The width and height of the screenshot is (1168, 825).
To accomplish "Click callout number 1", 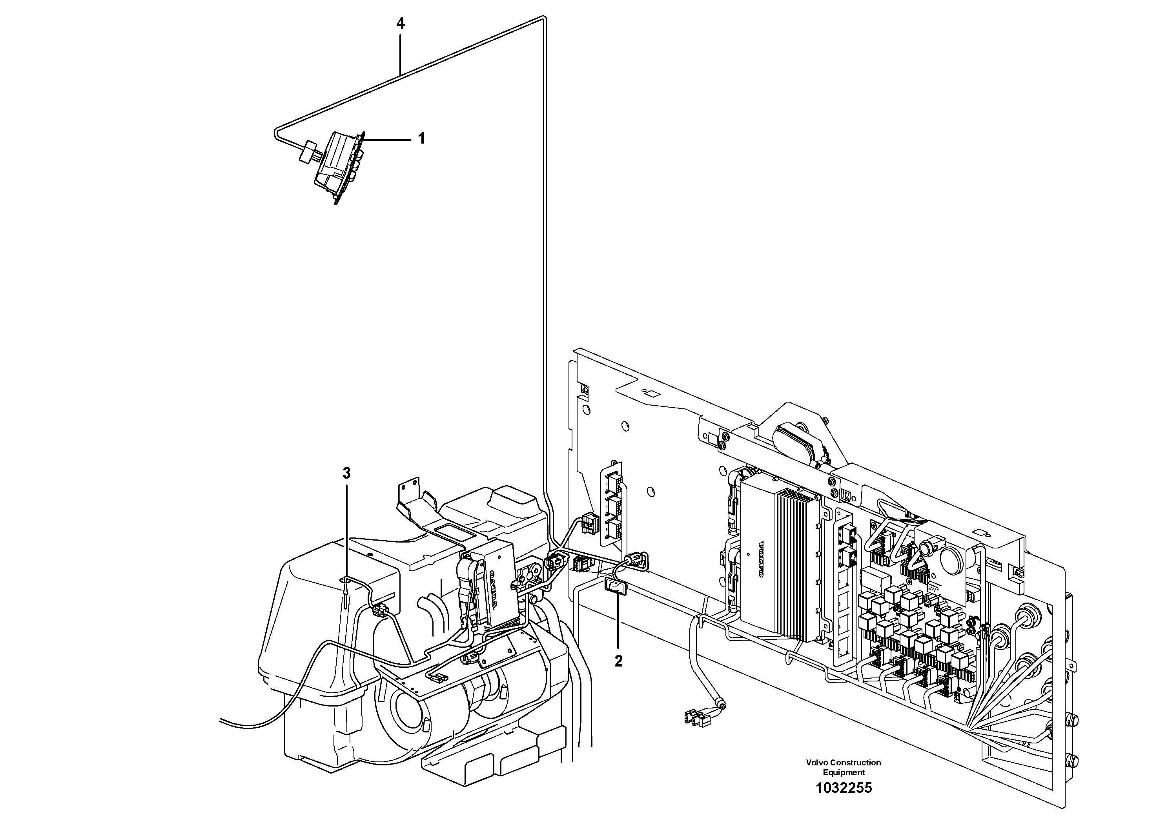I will (x=421, y=138).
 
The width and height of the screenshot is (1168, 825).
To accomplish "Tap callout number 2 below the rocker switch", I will (x=618, y=661).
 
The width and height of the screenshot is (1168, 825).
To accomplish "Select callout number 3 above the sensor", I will (x=346, y=474).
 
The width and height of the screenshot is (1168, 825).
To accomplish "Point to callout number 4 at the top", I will (x=401, y=24).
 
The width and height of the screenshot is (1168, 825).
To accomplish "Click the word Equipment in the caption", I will (x=844, y=772).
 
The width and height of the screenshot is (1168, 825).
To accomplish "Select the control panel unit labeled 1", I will (x=338, y=165).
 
